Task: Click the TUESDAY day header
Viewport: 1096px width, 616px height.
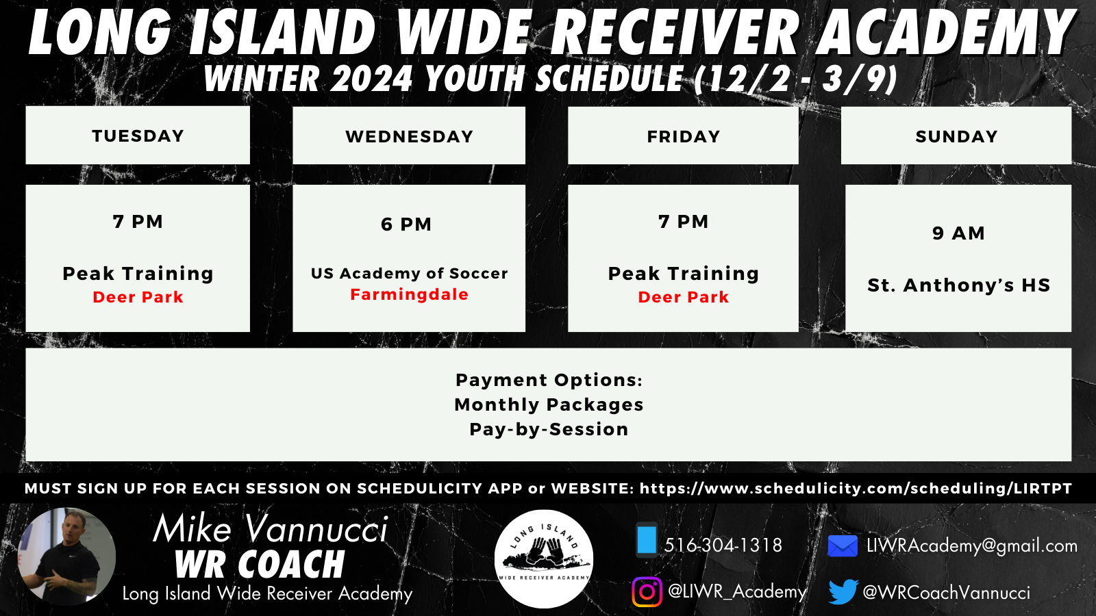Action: click(138, 136)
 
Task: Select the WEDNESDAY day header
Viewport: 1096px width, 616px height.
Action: click(410, 136)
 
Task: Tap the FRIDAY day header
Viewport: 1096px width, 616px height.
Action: click(684, 136)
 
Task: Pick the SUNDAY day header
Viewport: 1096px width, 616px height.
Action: click(956, 136)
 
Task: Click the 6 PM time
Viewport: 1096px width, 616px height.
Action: click(406, 224)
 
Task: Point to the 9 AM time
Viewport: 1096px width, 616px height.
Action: click(958, 233)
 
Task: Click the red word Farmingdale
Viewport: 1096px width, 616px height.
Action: click(410, 294)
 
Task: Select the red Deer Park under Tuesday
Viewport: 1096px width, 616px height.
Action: click(138, 297)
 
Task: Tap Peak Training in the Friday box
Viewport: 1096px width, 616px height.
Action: click(684, 273)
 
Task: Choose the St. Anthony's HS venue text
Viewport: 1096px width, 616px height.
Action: click(958, 285)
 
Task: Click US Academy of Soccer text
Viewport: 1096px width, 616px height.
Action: click(410, 273)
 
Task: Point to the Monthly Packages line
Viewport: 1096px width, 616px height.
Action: click(549, 405)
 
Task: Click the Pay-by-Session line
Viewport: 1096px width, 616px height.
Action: click(549, 429)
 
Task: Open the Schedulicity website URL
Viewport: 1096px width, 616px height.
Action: click(856, 489)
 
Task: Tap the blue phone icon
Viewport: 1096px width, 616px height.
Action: click(647, 540)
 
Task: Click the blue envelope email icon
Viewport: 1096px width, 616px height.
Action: click(843, 546)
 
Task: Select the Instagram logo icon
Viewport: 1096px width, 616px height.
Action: click(647, 592)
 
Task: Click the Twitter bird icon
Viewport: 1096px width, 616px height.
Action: click(843, 591)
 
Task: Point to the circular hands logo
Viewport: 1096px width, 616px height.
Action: click(544, 559)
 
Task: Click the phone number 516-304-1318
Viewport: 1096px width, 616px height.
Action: click(723, 545)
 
